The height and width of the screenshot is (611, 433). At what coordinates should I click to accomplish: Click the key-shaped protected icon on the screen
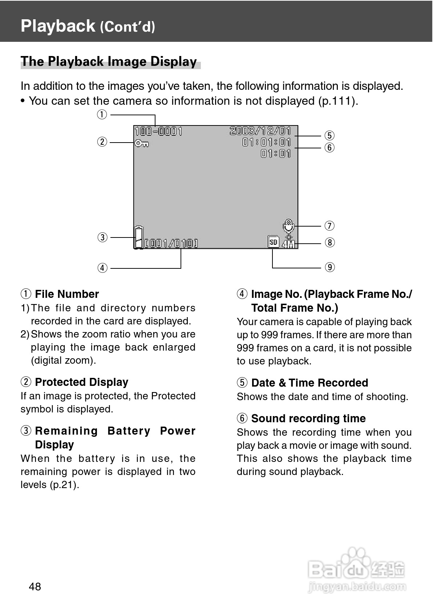(141, 144)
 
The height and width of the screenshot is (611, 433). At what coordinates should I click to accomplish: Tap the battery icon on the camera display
(139, 237)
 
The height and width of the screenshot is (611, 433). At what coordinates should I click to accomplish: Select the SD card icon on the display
(273, 241)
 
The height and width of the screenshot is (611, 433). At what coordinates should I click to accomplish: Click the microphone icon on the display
(288, 225)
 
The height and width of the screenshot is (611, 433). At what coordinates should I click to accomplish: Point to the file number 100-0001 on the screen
(158, 131)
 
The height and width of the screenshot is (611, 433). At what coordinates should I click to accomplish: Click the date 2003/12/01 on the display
(260, 131)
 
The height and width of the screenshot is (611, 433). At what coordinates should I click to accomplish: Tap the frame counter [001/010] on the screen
(171, 243)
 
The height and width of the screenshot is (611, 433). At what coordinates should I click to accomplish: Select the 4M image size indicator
(288, 244)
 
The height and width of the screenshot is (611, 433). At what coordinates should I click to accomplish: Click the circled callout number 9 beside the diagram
(329, 267)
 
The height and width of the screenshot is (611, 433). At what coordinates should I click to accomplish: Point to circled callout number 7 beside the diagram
(329, 226)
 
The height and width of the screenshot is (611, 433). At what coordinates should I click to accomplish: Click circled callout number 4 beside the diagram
(102, 268)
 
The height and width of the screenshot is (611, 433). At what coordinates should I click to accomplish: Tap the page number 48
(35, 587)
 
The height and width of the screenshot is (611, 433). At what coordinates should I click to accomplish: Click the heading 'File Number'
(67, 294)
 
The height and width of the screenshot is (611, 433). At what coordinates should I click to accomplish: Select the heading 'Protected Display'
(81, 382)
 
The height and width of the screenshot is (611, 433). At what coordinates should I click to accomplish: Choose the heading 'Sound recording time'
(308, 419)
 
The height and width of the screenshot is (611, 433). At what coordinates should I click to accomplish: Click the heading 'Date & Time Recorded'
(309, 383)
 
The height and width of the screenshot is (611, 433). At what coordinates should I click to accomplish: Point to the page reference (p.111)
(337, 101)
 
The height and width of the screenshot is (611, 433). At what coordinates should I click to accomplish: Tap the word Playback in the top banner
(58, 26)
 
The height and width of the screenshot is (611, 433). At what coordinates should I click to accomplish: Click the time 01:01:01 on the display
(267, 142)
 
